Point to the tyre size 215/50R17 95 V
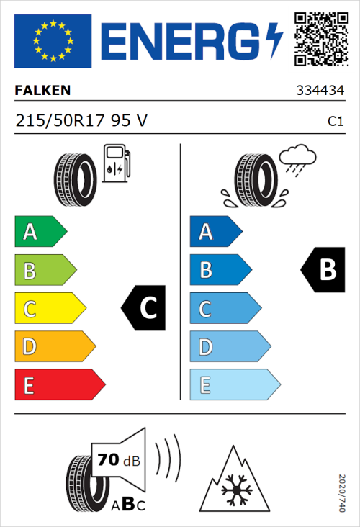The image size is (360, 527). pyautogui.click(x=81, y=121)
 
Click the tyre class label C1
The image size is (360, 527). pyautogui.click(x=335, y=122)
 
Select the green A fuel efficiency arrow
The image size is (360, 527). pyautogui.click(x=40, y=233)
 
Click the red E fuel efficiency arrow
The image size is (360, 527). pyautogui.click(x=59, y=385)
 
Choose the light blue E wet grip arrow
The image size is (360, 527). pyautogui.click(x=234, y=385)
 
